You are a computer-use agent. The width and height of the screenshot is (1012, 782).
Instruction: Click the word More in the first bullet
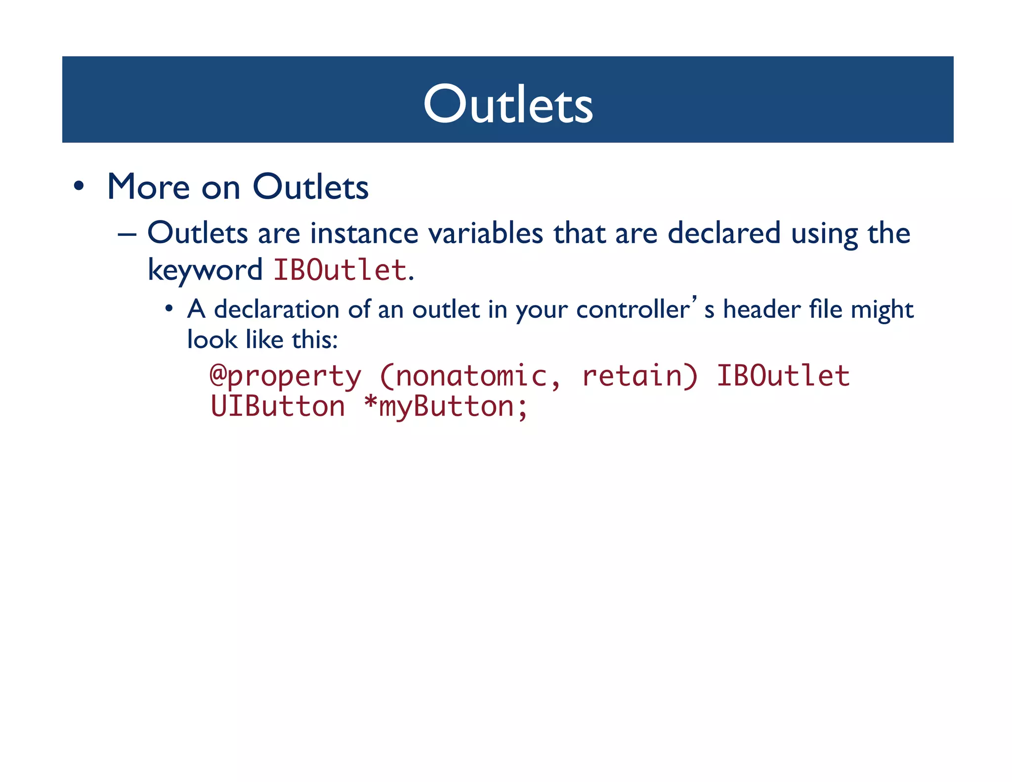pos(148,187)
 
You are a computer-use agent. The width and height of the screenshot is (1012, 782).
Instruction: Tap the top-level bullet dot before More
pos(79,187)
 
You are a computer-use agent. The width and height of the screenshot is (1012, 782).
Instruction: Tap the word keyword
pos(205,270)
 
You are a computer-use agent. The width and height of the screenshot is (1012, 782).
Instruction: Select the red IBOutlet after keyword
pos(340,270)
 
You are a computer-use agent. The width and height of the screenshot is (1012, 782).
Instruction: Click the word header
pos(761,310)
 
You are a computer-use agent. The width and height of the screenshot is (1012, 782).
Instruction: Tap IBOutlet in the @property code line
pos(783,376)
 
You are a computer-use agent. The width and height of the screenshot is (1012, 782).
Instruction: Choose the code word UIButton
pos(278,407)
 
